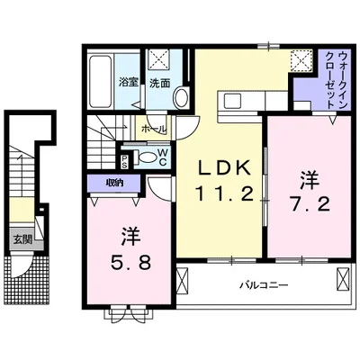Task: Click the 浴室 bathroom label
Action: point(127,83)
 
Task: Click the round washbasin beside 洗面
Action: point(180,97)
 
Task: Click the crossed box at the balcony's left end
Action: point(184,285)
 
